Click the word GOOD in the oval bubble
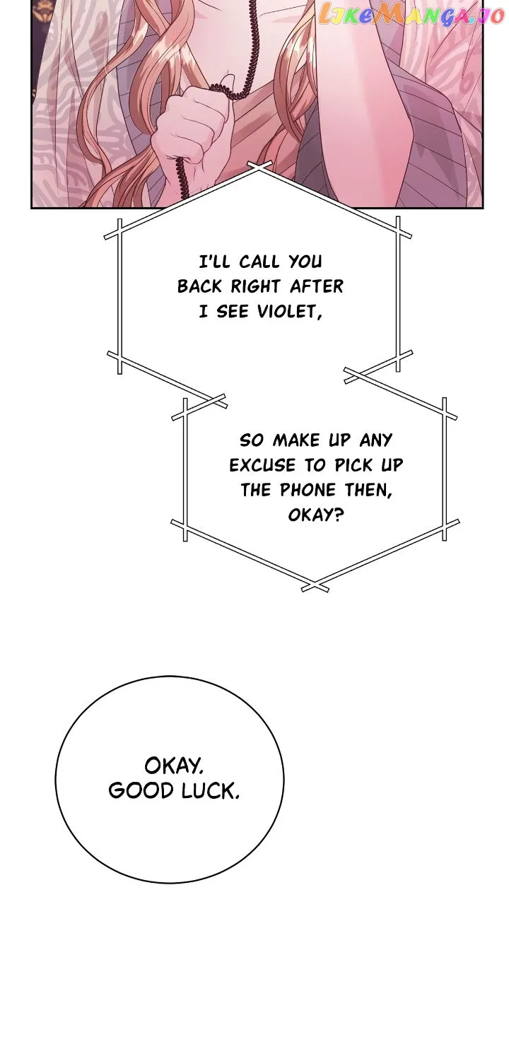tap(141, 790)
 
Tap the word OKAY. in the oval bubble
tap(174, 765)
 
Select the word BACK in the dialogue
tap(200, 286)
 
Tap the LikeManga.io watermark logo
tap(411, 16)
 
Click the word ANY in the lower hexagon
tap(375, 440)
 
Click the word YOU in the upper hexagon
tap(305, 262)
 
